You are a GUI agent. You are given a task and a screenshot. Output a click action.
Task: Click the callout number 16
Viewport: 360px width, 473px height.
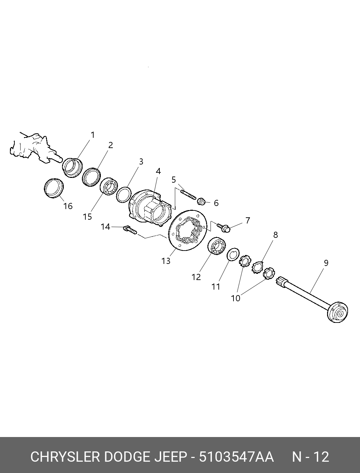[x=68, y=206]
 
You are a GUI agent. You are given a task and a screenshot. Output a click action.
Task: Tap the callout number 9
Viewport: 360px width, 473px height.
[x=326, y=263]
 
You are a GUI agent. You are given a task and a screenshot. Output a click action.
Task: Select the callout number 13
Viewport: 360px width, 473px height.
[x=166, y=261]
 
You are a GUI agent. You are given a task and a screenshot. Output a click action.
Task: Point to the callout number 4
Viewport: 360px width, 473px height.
[x=158, y=171]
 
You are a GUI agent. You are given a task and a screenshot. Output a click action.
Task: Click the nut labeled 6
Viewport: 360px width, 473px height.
[x=201, y=201]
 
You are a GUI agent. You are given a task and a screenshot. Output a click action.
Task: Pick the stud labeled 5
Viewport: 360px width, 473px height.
[x=188, y=194]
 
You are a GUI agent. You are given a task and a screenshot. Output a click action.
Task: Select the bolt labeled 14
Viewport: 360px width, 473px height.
[x=130, y=230]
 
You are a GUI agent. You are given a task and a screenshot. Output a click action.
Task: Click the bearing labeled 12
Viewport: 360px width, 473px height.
[x=217, y=246]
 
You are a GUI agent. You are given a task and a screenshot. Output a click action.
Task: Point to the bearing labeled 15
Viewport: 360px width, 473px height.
[x=109, y=186]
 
